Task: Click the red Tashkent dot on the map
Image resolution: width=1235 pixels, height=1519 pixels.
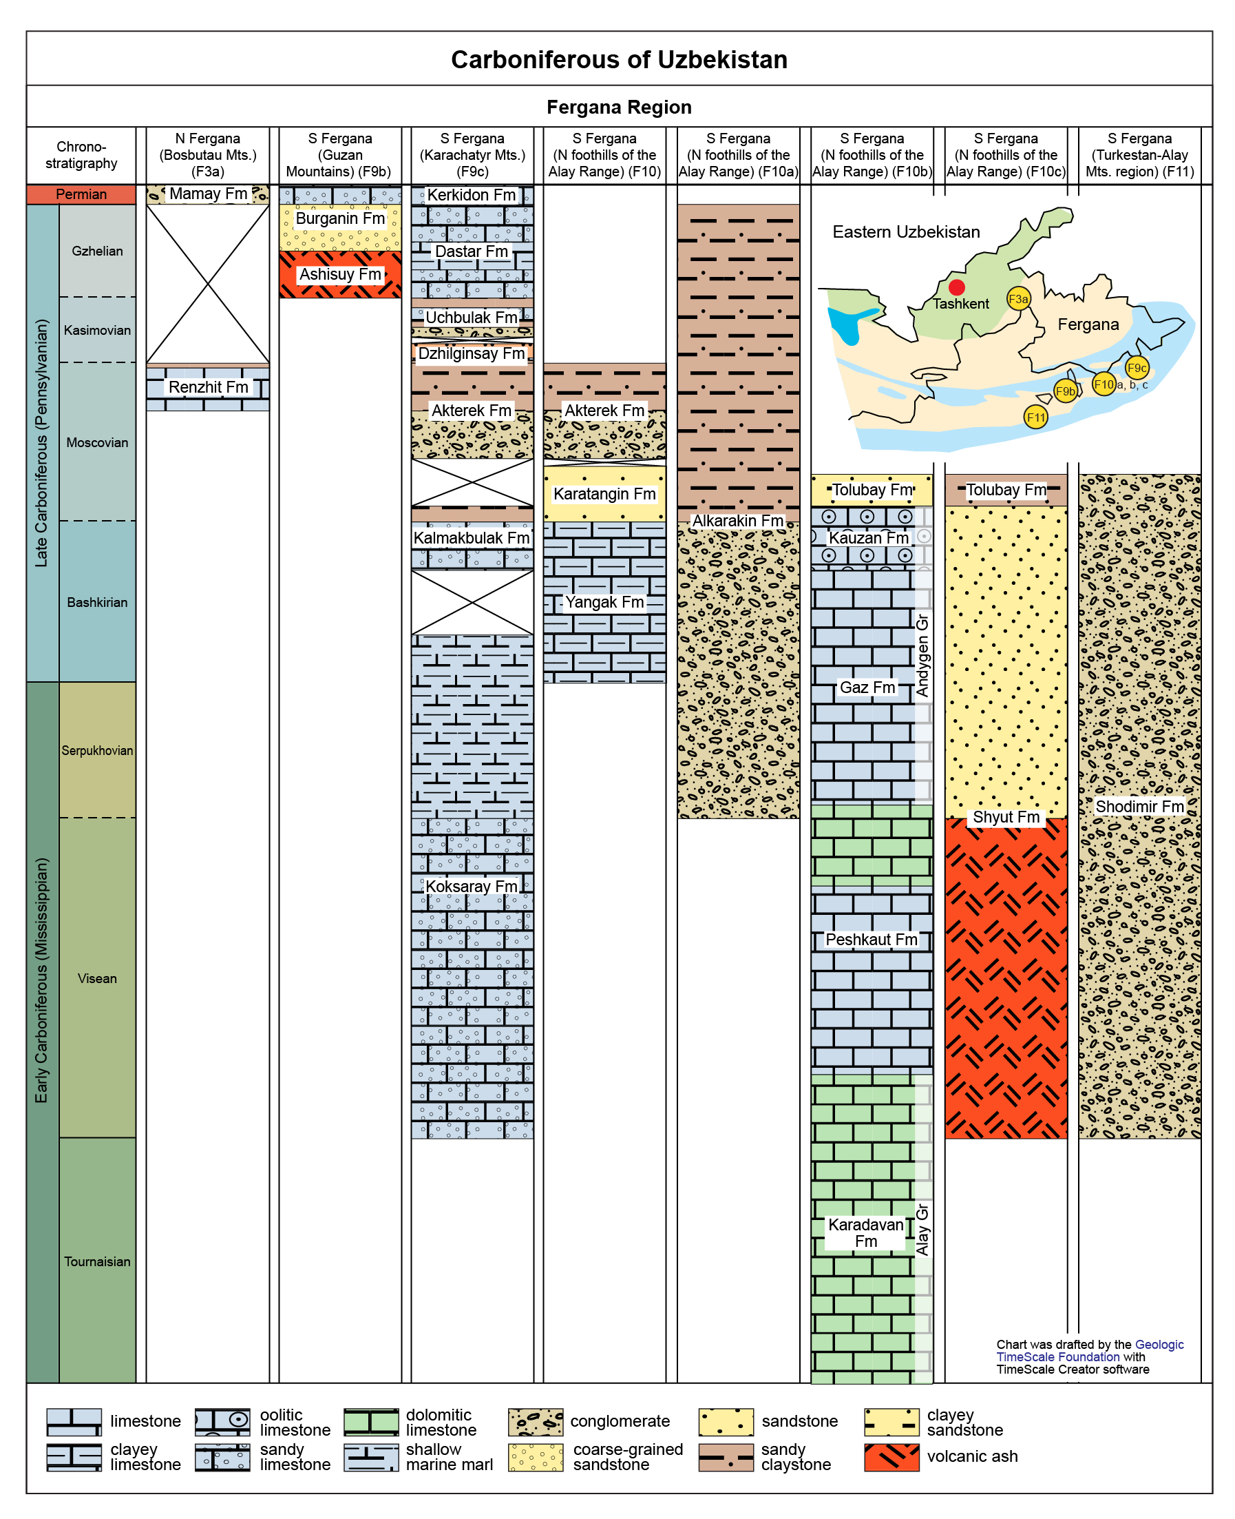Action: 957,287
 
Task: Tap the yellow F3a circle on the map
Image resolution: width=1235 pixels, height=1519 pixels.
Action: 1018,299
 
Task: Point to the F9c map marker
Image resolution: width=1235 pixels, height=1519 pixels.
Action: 1137,368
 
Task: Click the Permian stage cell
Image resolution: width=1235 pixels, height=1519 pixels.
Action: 81,194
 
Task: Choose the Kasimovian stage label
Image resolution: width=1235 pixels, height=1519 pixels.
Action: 98,330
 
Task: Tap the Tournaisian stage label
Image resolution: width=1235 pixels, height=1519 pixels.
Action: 98,1261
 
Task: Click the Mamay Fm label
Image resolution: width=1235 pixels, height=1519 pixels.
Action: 209,194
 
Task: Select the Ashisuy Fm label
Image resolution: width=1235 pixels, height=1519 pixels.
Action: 340,274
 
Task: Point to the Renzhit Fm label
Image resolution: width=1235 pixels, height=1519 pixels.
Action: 209,387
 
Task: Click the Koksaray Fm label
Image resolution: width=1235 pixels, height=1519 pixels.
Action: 472,886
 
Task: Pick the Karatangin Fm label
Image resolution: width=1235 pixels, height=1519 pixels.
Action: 604,494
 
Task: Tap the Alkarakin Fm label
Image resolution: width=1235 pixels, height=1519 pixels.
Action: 738,521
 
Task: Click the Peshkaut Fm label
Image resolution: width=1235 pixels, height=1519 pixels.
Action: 872,940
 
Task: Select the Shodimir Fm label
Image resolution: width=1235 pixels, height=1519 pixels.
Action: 1140,807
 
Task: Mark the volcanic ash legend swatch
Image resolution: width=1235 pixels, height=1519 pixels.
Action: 892,1457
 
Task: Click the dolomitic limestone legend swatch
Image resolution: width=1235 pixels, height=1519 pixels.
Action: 371,1422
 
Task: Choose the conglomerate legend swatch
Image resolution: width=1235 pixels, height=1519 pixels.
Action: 536,1422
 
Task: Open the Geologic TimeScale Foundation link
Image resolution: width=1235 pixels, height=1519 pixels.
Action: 1090,1350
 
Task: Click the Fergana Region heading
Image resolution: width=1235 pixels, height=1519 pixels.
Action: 619,107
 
